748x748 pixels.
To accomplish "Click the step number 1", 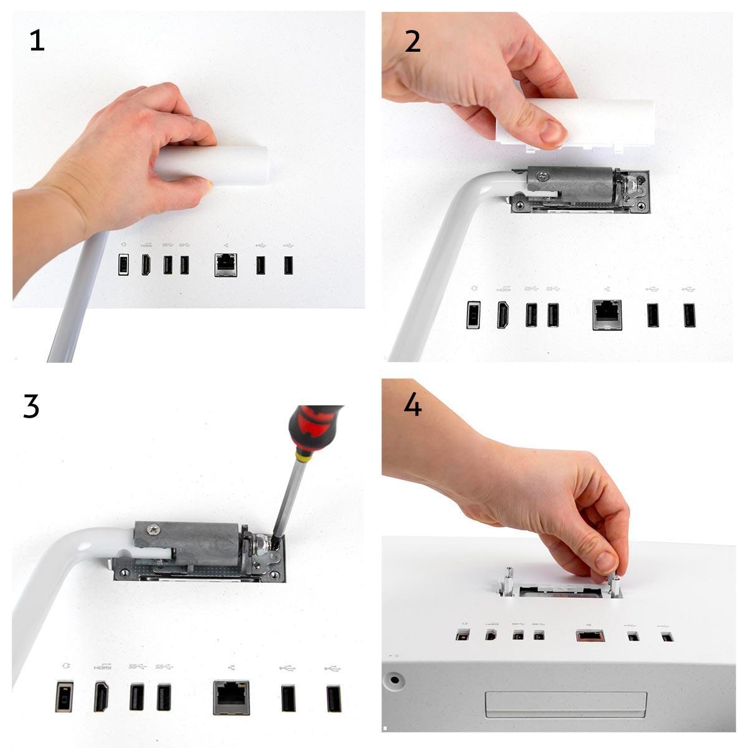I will click(37, 41).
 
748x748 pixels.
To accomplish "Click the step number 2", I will click(413, 41).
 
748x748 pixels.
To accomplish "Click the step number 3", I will click(31, 406).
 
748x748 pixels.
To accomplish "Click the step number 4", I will click(413, 405).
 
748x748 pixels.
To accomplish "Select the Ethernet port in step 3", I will click(231, 697).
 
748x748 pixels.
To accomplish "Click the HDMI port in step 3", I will click(101, 698).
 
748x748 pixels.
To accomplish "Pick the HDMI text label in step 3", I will click(102, 667).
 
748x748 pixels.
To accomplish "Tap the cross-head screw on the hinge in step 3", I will click(151, 530).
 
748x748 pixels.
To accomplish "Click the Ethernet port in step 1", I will click(224, 265).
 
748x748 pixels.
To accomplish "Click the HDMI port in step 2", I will click(502, 315).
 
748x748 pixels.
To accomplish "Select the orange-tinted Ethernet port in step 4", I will click(588, 636).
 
